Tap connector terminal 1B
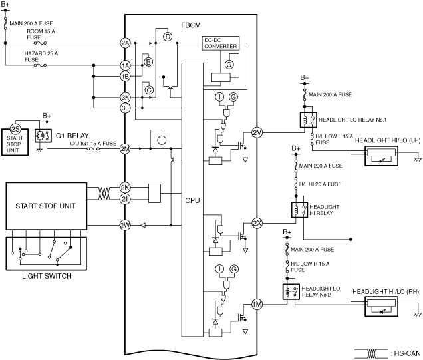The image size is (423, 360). click(125, 76)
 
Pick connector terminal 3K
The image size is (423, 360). click(125, 97)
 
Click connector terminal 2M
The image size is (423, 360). click(125, 148)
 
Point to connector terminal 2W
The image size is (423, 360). click(125, 225)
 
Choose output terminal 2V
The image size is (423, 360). click(258, 133)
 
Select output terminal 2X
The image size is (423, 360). click(258, 223)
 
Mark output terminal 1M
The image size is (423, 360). click(258, 305)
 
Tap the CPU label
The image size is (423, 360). click(193, 200)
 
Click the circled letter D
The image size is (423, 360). click(168, 36)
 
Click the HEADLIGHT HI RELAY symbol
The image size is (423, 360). click(297, 210)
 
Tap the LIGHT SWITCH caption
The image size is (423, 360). click(44, 275)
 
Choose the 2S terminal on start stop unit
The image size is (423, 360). click(15, 128)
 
